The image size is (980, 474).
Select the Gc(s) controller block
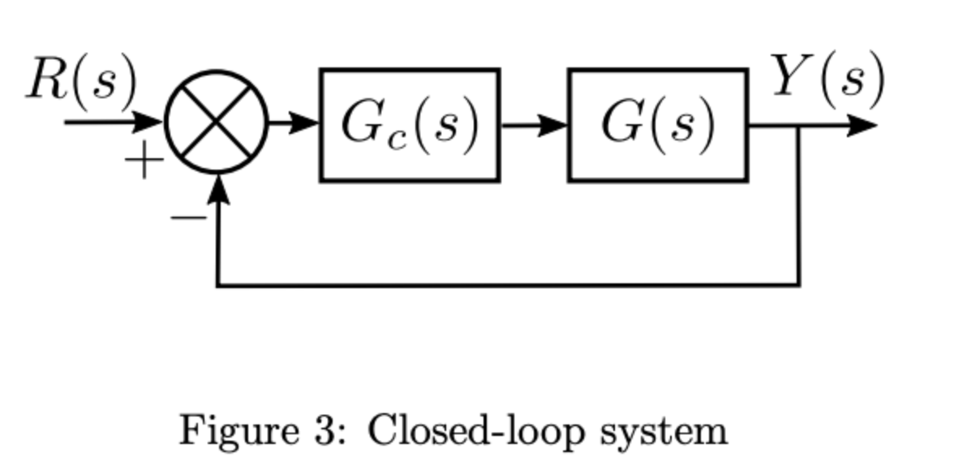click(x=410, y=126)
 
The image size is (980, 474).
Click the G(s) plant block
click(x=658, y=126)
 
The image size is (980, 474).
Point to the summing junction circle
click(x=217, y=123)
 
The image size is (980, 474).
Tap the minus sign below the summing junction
click(x=186, y=218)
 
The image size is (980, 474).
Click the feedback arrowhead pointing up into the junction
click(x=217, y=189)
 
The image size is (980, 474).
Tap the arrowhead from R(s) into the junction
click(x=149, y=123)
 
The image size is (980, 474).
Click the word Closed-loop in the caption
click(x=475, y=430)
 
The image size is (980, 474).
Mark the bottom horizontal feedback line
click(x=503, y=285)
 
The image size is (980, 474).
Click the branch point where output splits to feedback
click(x=799, y=127)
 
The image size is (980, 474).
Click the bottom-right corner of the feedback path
click(x=799, y=285)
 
